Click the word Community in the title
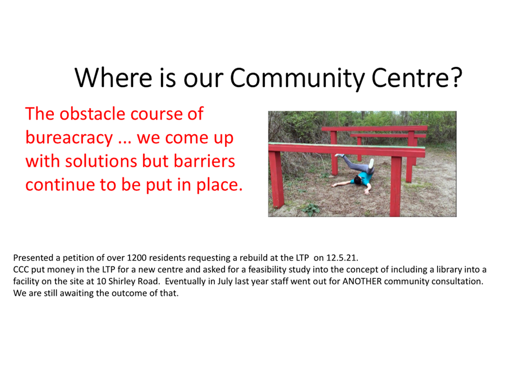click(x=297, y=78)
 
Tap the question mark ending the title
click(x=456, y=77)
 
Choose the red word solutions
click(x=101, y=161)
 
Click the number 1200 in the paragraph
click(x=137, y=258)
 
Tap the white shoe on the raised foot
click(x=371, y=163)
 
